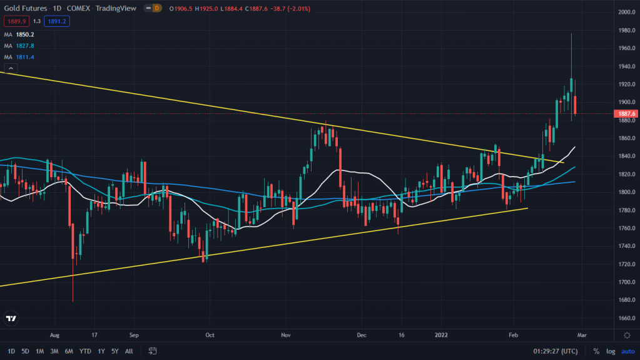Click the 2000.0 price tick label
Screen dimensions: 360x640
click(x=627, y=12)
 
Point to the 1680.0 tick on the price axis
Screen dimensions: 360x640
click(x=627, y=300)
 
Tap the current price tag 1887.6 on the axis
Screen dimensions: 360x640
click(x=627, y=113)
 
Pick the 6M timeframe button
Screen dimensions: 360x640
click(x=69, y=351)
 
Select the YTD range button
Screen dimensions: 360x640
click(x=86, y=351)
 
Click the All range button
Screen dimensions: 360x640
click(x=129, y=351)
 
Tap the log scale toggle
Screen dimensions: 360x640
click(x=610, y=351)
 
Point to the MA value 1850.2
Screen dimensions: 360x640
click(x=25, y=34)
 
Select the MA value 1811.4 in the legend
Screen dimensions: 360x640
click(x=25, y=57)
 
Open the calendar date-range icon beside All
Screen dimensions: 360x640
click(x=153, y=351)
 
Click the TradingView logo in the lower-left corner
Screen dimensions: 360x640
click(x=11, y=319)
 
